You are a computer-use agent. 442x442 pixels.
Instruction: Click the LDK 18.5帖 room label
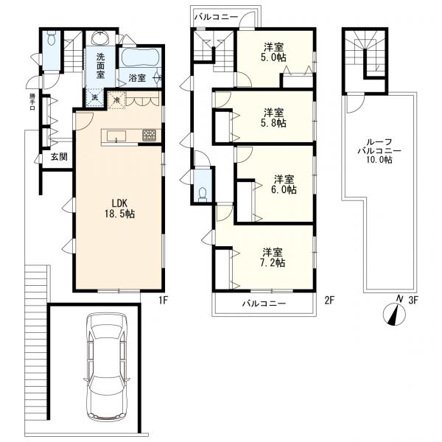coord(120,208)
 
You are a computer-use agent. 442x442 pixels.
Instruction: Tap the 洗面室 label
coord(101,66)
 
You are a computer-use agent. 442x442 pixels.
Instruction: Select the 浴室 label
coord(137,78)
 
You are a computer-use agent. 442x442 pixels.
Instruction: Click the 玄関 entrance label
coord(59,157)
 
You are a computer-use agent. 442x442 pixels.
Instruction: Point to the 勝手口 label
coord(32,102)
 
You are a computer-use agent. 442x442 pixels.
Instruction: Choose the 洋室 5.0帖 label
coord(274,52)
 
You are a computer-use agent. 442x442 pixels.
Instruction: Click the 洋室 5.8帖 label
coord(274,118)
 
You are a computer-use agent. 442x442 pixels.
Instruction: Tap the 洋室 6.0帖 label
coord(284,184)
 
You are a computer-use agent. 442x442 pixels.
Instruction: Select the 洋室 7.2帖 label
coord(273,257)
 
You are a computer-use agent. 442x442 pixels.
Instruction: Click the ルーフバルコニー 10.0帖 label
coord(379,151)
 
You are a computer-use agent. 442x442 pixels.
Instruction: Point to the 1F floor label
coord(164,301)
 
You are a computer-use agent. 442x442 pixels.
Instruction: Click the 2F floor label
coord(329,301)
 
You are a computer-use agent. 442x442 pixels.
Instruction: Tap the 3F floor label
coord(413,301)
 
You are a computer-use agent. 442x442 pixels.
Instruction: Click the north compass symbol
coord(395,313)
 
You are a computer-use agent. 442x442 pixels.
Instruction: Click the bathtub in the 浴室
coord(140,57)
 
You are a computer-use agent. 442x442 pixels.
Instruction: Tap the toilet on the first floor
coord(52,39)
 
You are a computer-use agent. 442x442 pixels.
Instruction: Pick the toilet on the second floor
coord(203,194)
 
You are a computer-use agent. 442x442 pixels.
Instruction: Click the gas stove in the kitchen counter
coord(149,136)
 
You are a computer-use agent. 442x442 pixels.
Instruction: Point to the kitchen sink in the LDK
coord(116,137)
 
